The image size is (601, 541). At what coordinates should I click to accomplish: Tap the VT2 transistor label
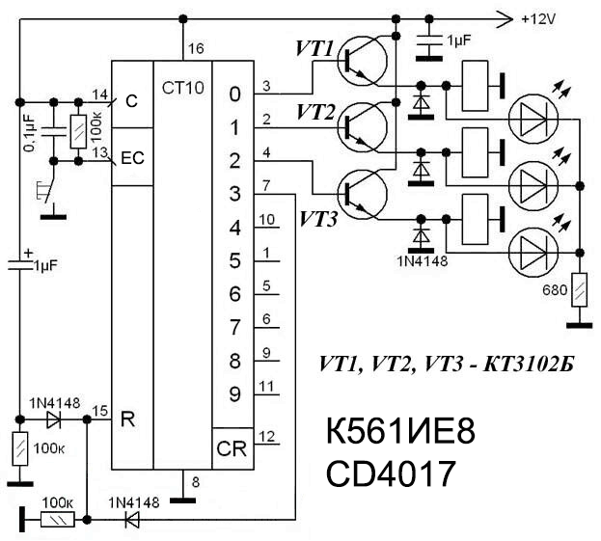(x=314, y=114)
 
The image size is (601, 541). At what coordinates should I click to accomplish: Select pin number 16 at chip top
(x=196, y=48)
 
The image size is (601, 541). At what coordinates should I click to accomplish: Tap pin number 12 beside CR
(x=269, y=436)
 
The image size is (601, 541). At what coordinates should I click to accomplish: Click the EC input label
(x=131, y=159)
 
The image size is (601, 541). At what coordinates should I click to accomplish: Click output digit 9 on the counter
(x=233, y=393)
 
